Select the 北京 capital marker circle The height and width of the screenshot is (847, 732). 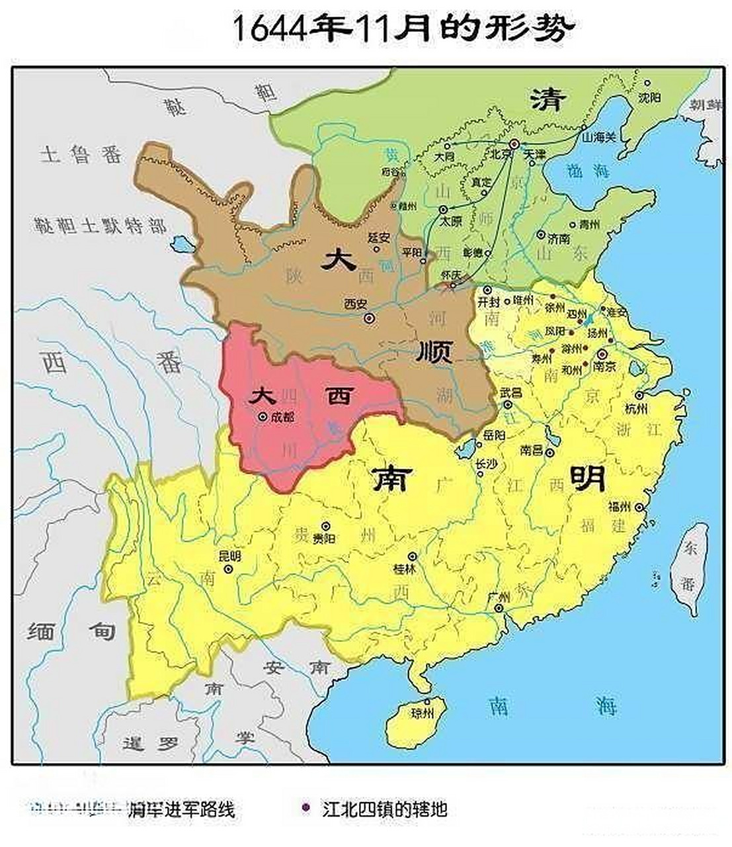(x=514, y=144)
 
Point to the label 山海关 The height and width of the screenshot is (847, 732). (x=599, y=137)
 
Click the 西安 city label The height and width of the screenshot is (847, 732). (x=354, y=304)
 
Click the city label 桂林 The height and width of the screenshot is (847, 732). (x=404, y=568)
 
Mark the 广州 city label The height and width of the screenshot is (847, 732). (x=497, y=596)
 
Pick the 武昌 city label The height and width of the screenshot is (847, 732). (x=510, y=392)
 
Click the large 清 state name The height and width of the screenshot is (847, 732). (x=548, y=99)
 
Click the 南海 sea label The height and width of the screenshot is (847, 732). (x=551, y=706)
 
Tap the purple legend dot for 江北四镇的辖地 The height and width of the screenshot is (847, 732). (x=305, y=807)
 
